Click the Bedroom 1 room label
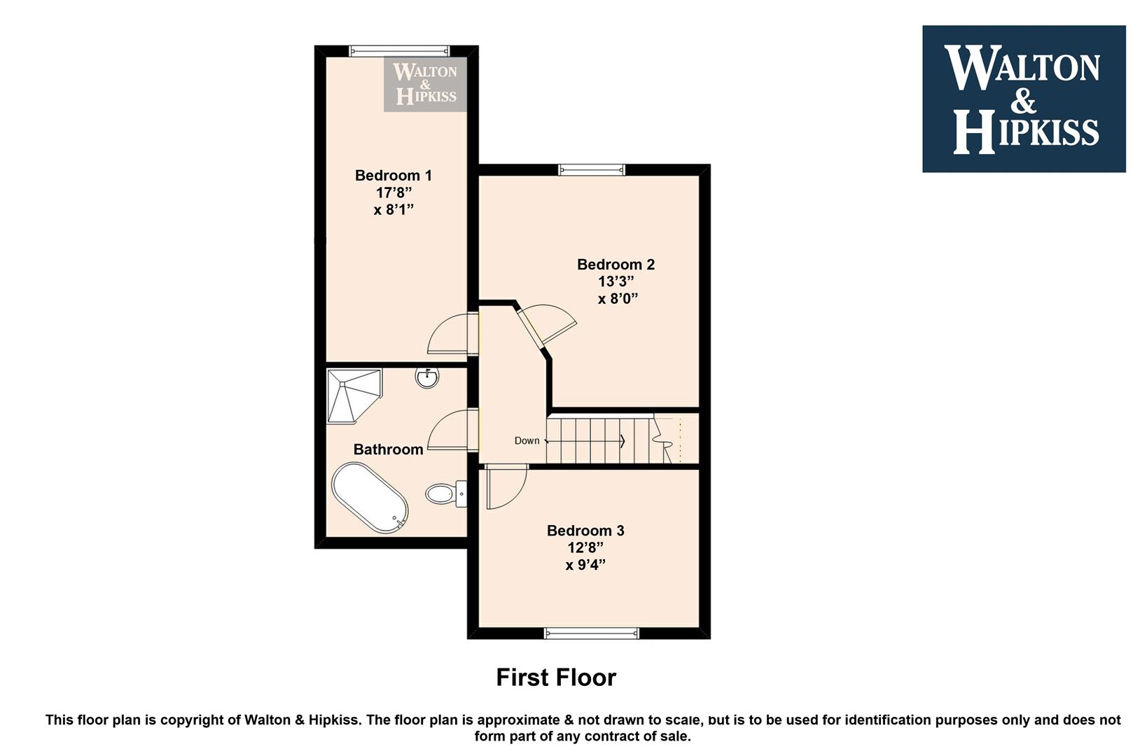(x=394, y=176)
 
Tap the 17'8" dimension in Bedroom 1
(x=394, y=192)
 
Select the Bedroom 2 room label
(x=616, y=264)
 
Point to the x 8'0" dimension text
(x=618, y=298)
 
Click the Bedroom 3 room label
(x=585, y=531)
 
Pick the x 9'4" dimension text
(x=585, y=565)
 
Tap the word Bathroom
(x=388, y=449)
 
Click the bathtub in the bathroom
(x=370, y=498)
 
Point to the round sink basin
(x=427, y=378)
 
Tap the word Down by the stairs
(x=527, y=441)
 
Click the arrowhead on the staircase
(x=623, y=441)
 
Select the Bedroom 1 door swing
(x=448, y=333)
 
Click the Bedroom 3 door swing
(x=506, y=487)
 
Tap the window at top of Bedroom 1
(x=399, y=50)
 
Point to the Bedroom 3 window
(x=592, y=633)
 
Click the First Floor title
(x=556, y=677)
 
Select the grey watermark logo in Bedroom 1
(x=425, y=84)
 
